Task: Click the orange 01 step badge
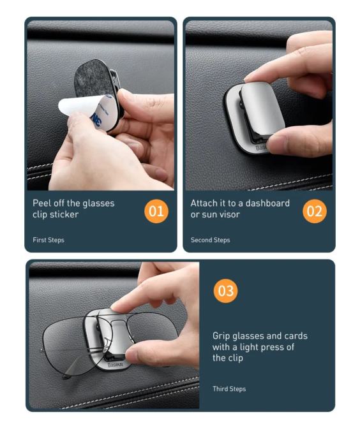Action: click(156, 211)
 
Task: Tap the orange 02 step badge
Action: click(315, 211)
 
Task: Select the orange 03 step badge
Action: click(225, 291)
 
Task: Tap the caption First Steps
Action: click(49, 240)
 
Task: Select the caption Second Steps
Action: click(211, 240)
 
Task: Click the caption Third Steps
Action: click(229, 389)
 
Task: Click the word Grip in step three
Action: click(221, 336)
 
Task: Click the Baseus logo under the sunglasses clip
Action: click(116, 365)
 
